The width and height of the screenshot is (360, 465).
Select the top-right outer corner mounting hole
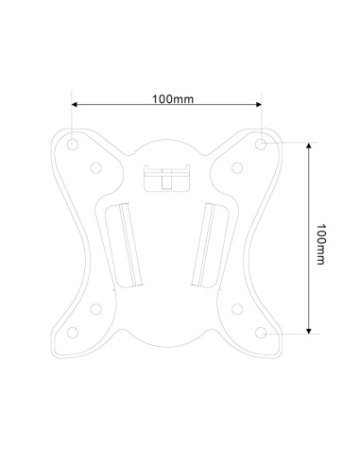pyautogui.click(x=261, y=145)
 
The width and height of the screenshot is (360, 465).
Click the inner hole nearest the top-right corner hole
pyautogui.click(x=238, y=168)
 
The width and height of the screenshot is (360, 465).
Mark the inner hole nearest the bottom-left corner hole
pyautogui.click(x=96, y=307)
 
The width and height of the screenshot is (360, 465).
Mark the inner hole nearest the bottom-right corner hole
pyautogui.click(x=238, y=307)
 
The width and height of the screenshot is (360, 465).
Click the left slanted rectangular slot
pyautogui.click(x=125, y=243)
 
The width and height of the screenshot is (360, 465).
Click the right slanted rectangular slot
pyautogui.click(x=208, y=243)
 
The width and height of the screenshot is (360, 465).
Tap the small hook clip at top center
pyautogui.click(x=166, y=177)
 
